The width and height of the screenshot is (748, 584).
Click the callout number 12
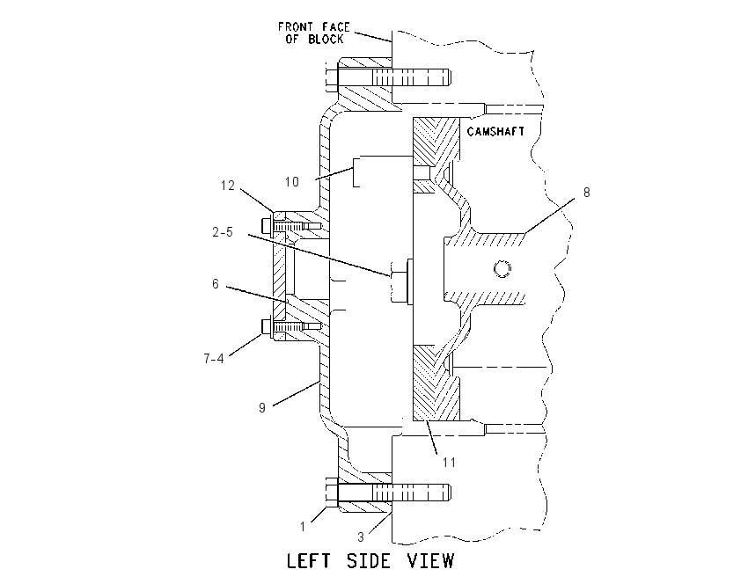(x=228, y=186)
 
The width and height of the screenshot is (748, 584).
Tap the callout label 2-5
(x=223, y=232)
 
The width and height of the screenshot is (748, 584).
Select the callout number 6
(x=216, y=284)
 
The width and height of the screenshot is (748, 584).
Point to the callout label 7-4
(x=214, y=359)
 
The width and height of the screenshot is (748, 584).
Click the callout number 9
(x=262, y=408)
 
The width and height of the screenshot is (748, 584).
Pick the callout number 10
(x=292, y=182)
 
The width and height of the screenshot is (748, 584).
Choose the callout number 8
(x=587, y=193)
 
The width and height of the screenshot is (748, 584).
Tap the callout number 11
(x=449, y=463)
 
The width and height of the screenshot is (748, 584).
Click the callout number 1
(x=303, y=527)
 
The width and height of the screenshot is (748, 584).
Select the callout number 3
(x=361, y=537)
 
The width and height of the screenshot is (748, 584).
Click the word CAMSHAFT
(x=495, y=132)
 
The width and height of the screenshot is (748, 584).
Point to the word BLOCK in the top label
(x=326, y=39)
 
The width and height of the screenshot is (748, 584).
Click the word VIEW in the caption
(x=431, y=561)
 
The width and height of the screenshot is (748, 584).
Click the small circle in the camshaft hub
(x=502, y=269)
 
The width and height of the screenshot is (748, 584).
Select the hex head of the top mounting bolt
(x=333, y=77)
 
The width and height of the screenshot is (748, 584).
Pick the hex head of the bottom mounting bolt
(x=333, y=492)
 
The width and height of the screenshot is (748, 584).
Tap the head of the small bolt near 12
(x=266, y=225)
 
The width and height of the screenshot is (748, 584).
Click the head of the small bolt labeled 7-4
(x=266, y=326)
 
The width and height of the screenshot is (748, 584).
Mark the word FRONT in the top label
(x=296, y=27)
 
